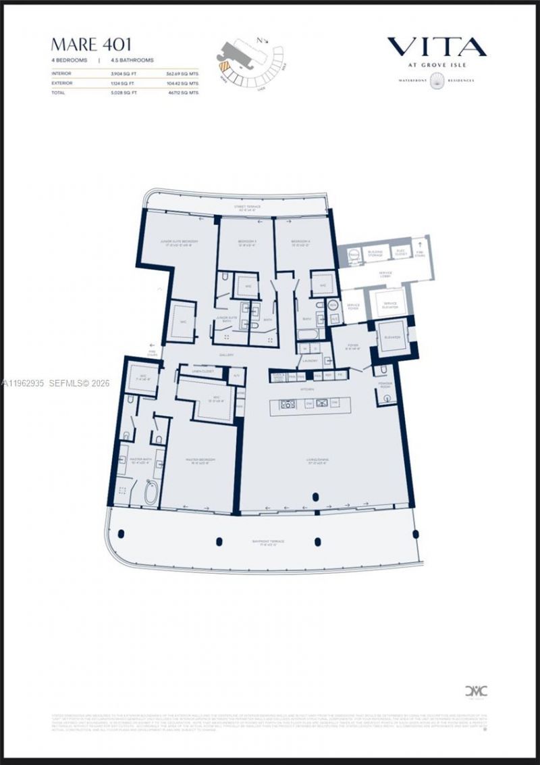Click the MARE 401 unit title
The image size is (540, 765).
click(x=91, y=45)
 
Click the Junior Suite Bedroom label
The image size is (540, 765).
click(x=179, y=243)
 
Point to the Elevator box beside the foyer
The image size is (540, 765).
click(x=393, y=339)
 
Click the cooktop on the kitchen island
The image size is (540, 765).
click(x=283, y=404)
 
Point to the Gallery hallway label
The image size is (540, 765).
click(x=226, y=354)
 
